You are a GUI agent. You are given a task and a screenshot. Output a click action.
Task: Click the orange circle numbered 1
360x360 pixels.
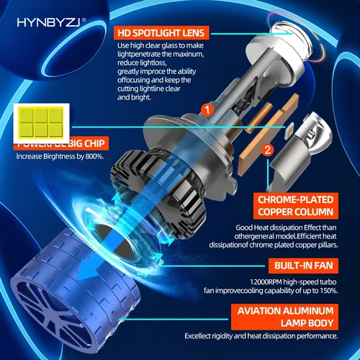pyautogui.click(x=207, y=111)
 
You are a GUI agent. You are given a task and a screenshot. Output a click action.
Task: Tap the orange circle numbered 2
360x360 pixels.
pyautogui.click(x=268, y=150)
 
